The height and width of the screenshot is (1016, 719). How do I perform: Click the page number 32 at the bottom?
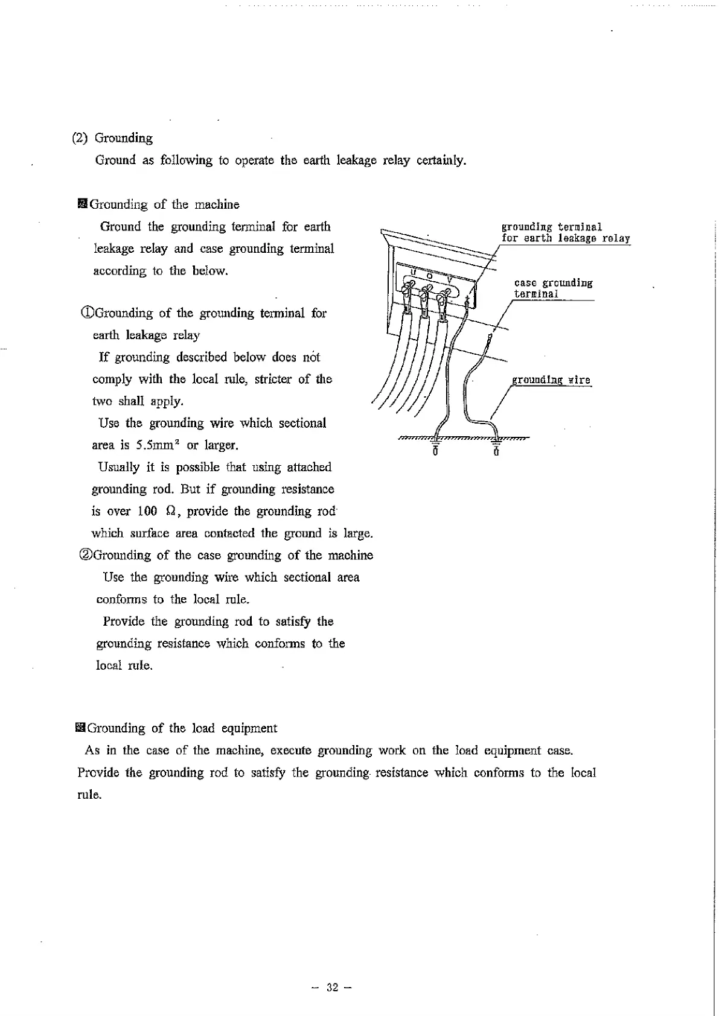[331, 988]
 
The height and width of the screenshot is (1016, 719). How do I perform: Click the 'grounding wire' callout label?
[551, 380]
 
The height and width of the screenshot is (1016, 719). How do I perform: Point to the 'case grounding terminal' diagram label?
[553, 288]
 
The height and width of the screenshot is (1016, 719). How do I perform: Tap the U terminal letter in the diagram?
[414, 273]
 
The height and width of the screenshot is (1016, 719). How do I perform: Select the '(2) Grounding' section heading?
[112, 138]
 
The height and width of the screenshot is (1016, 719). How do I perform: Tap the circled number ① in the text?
[88, 313]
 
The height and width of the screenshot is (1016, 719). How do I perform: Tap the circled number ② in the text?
[86, 555]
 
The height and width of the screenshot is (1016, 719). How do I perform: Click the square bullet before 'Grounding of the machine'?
[83, 204]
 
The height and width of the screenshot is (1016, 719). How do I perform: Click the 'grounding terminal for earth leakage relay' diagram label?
[565, 232]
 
